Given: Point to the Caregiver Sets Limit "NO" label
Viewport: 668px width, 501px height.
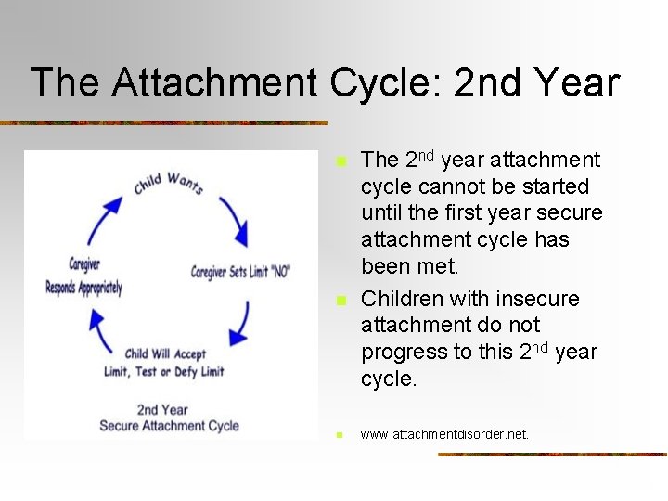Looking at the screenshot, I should point(240,272).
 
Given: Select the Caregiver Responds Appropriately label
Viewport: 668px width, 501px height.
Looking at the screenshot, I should point(83,276).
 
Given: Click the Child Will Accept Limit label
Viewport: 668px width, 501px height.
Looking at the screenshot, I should point(164,363).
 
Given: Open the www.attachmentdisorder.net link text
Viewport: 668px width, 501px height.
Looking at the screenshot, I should point(444,434).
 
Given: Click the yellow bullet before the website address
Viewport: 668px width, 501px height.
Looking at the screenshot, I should point(340,434).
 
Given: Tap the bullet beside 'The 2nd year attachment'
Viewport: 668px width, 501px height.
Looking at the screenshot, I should point(340,161).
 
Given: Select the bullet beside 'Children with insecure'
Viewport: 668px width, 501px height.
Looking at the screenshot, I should point(340,300).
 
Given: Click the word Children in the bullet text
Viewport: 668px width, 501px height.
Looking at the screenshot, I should point(399,299).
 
